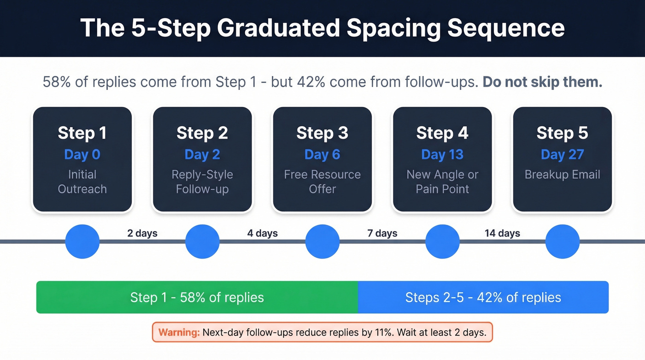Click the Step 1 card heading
82,133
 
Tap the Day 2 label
202,154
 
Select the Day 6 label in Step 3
322,154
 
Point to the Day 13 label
442,154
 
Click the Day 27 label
562,154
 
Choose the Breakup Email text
562,175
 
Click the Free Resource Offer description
322,182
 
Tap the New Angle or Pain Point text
442,182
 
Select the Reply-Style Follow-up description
202,182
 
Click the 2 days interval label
142,233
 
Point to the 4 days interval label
262,233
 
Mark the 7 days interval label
382,233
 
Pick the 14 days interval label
502,233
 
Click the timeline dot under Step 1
82,242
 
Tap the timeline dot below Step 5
562,242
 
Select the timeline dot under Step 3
322,242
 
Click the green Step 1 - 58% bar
197,297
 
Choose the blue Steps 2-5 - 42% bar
483,297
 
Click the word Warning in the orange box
179,332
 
